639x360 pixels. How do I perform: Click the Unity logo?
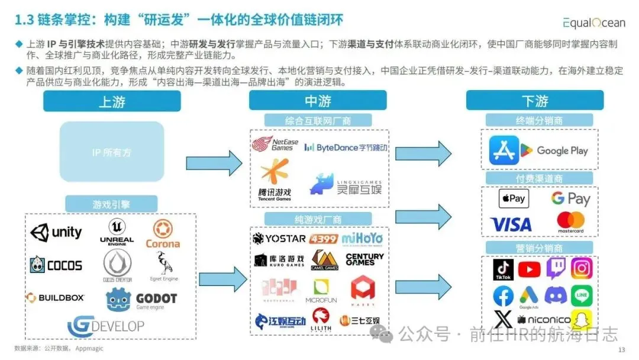(x=56, y=232)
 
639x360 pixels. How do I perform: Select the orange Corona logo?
(x=162, y=234)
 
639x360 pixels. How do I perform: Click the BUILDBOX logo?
(x=55, y=297)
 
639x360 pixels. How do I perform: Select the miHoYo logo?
(x=362, y=239)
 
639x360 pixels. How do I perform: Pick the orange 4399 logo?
(x=324, y=239)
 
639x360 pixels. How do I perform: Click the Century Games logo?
(x=364, y=259)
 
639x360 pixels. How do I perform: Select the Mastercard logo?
(x=570, y=222)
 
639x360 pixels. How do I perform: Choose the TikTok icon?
(x=503, y=270)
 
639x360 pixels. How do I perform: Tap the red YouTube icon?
(x=529, y=269)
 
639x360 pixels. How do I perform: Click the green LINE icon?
(x=581, y=295)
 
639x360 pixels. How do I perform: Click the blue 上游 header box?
(x=112, y=101)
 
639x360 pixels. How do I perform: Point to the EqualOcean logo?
(x=593, y=22)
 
